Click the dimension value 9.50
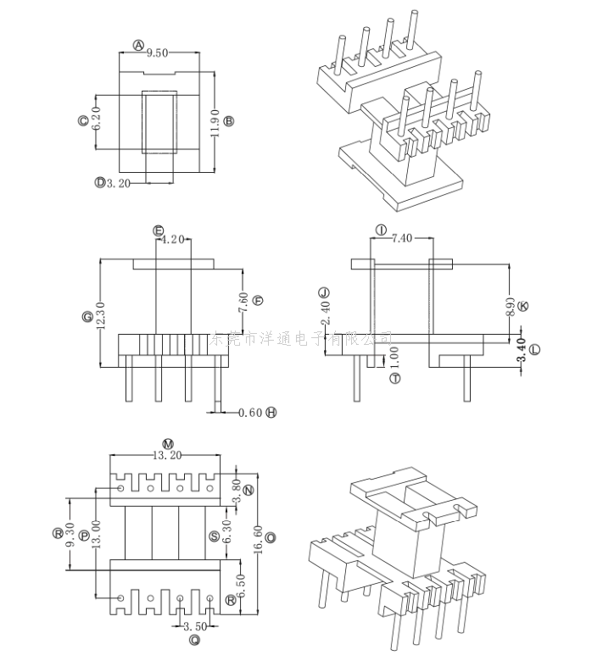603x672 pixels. (x=159, y=53)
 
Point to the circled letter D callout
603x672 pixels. (x=99, y=182)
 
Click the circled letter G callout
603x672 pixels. (x=87, y=317)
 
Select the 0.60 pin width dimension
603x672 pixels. (x=250, y=413)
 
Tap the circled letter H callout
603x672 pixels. (x=271, y=413)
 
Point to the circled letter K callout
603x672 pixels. (x=522, y=306)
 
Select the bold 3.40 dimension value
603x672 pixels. (x=521, y=349)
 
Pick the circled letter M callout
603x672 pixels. (x=167, y=444)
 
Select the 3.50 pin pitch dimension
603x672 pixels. (x=194, y=627)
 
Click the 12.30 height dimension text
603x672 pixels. (x=99, y=317)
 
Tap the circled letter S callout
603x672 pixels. (x=214, y=536)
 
